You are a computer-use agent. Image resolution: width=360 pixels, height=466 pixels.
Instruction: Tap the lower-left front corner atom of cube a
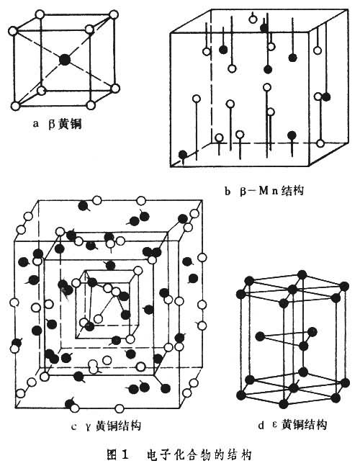point(14,106)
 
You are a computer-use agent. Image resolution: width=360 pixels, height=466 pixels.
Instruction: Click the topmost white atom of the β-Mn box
point(252,17)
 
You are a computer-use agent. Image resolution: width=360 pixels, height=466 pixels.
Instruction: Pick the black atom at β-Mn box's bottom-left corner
point(183,153)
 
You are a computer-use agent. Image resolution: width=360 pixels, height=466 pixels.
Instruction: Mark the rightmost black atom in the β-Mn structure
point(325,97)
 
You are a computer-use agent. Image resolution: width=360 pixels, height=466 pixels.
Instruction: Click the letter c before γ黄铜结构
point(74,426)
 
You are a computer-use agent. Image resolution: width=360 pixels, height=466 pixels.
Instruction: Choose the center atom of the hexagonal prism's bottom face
point(302,372)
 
